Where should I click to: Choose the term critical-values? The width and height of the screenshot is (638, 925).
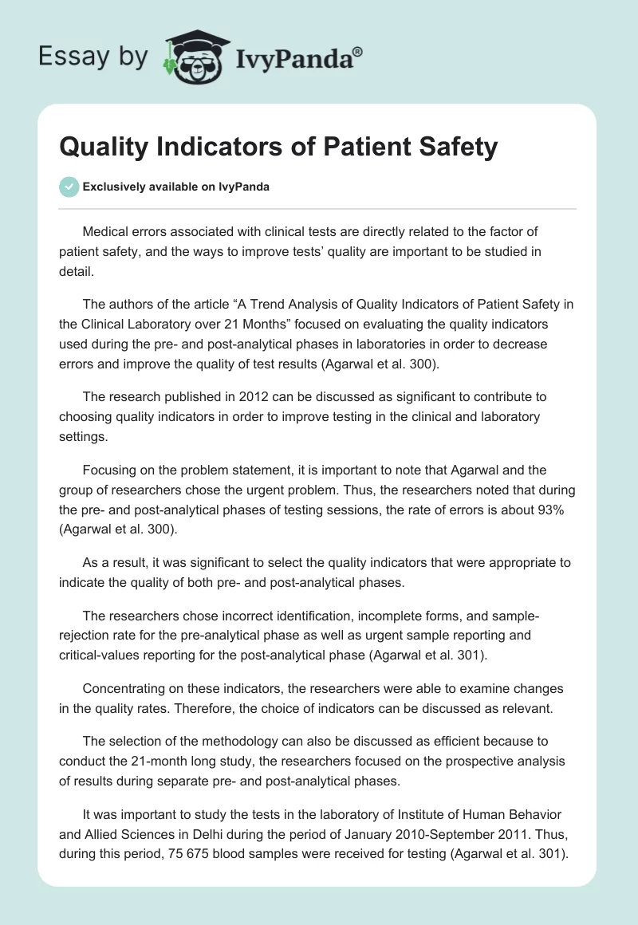click(99, 653)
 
